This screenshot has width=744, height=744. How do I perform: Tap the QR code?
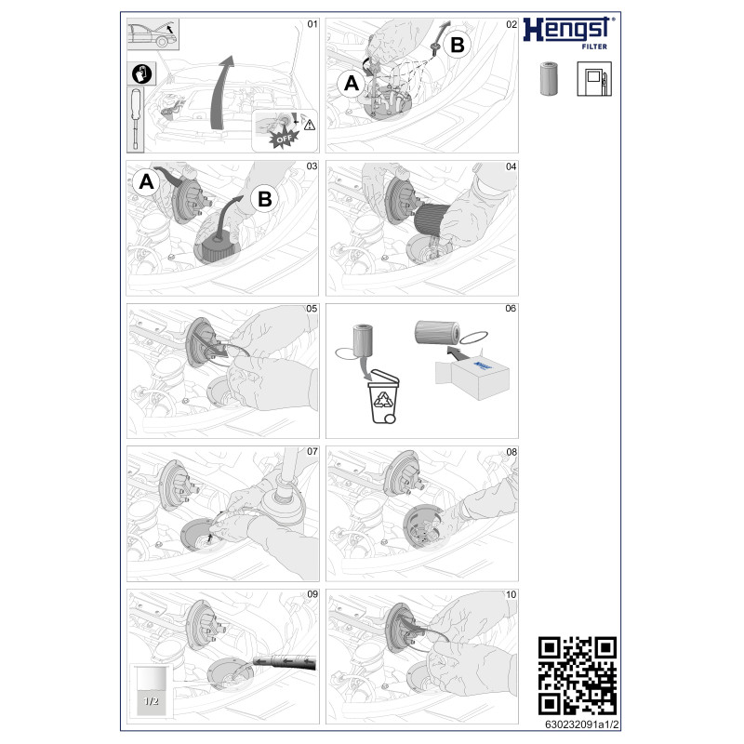point(578,676)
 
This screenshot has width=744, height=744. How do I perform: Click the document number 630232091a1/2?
point(582,724)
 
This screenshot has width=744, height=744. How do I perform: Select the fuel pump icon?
point(594,79)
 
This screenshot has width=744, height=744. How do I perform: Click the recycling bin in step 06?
point(384,396)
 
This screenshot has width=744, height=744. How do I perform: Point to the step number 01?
point(312,24)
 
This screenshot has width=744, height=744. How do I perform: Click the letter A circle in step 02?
point(352,84)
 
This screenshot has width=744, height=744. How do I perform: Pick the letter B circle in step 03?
point(264,199)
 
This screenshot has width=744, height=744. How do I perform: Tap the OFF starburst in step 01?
point(284,139)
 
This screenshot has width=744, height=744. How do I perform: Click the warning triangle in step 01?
point(310,126)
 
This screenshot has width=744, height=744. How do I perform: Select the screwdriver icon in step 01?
point(136,119)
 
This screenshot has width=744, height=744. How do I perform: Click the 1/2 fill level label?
point(151,700)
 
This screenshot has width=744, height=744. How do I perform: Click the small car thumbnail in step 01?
point(153,33)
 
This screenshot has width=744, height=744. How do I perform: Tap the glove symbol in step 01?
point(141,73)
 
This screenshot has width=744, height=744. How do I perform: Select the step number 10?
point(511,594)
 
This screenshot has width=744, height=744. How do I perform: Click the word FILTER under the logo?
point(594,46)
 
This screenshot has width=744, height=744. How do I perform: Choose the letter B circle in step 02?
point(458,45)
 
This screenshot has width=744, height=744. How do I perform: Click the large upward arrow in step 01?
point(221,92)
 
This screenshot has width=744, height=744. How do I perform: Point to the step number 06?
point(511,309)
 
